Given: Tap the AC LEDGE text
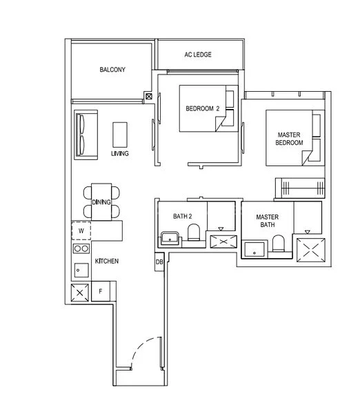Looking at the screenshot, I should [198, 54].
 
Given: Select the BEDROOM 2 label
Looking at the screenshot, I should [202, 108].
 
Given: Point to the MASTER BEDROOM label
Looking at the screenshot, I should [290, 138].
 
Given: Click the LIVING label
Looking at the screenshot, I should [120, 154].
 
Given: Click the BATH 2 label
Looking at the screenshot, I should [181, 217].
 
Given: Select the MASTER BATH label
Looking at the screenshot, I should [267, 220].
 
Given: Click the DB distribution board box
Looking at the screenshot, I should [159, 262].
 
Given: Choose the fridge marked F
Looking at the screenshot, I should [101, 292].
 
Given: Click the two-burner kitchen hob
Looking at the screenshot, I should [81, 248].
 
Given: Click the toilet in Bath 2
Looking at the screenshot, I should [194, 234].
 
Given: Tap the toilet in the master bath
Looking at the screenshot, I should [279, 244].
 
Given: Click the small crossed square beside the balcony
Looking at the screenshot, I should [149, 97].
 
